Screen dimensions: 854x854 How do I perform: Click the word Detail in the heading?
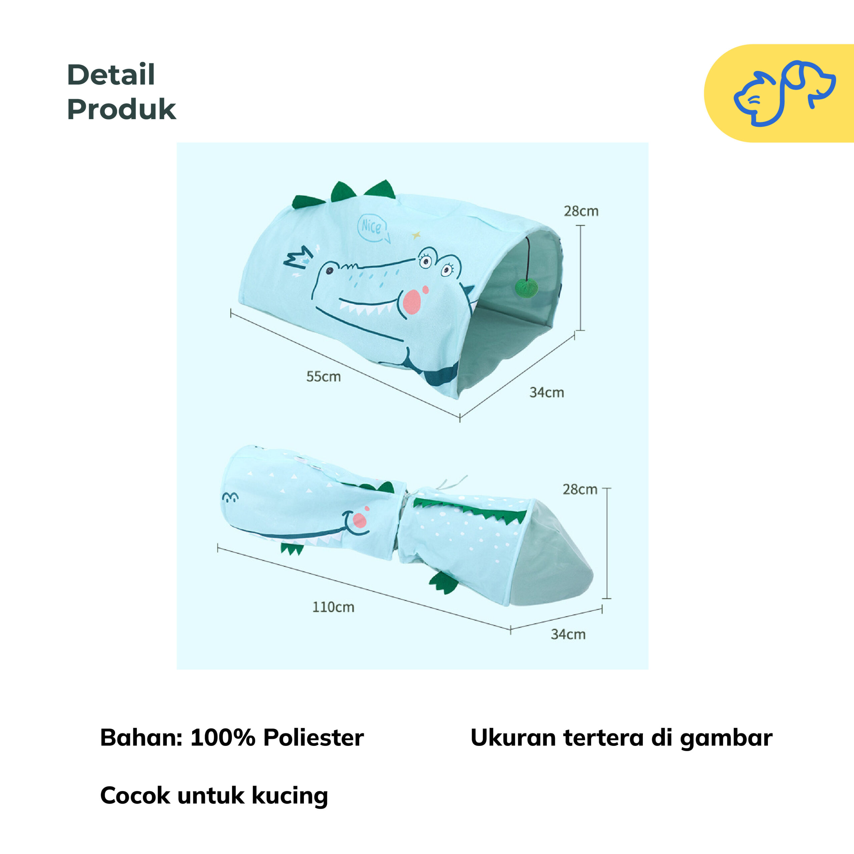[111, 75]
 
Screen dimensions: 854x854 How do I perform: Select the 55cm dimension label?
[324, 377]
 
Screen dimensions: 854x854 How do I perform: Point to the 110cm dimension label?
[333, 607]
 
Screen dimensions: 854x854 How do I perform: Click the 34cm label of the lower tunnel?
[568, 634]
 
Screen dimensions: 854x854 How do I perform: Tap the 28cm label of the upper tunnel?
[581, 211]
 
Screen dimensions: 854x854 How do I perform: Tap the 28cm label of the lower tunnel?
[579, 489]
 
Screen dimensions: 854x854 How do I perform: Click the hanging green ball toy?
[526, 289]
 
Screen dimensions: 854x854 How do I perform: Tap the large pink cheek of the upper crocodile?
[412, 302]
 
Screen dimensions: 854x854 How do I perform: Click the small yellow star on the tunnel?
[416, 235]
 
